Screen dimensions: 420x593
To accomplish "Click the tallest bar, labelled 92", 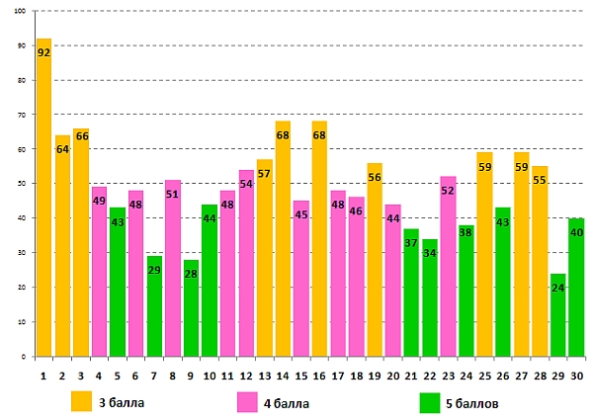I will pyautogui.click(x=43, y=198).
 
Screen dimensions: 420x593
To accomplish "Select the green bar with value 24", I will pyautogui.click(x=558, y=316).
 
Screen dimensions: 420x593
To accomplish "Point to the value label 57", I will pyautogui.click(x=264, y=174).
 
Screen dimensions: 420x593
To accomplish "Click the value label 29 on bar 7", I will pyautogui.click(x=154, y=271).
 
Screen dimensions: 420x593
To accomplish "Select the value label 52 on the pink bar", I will pyautogui.click(x=448, y=191).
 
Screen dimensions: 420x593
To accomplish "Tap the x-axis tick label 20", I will pyautogui.click(x=392, y=376).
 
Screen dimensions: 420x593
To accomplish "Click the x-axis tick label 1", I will pyautogui.click(x=43, y=376).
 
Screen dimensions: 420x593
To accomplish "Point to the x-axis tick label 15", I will pyautogui.click(x=300, y=376).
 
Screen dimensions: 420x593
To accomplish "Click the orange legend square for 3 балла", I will pyautogui.click(x=82, y=402).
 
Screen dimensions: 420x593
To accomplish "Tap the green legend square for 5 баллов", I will pyautogui.click(x=429, y=402).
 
